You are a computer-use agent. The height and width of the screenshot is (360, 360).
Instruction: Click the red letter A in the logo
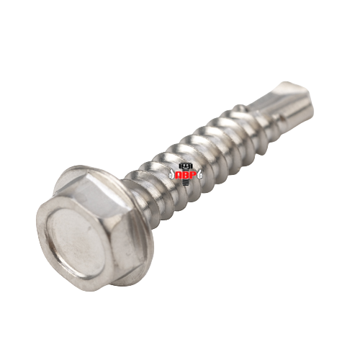click(179, 175)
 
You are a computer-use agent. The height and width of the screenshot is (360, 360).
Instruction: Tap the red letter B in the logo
click(186, 175)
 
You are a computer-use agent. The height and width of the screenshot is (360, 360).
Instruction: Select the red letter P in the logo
click(193, 175)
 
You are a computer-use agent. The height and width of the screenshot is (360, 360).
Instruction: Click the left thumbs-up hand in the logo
click(172, 174)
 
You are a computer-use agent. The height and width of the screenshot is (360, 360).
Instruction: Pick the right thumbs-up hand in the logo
click(199, 174)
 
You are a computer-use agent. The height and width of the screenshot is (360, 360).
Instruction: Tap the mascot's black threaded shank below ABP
click(186, 182)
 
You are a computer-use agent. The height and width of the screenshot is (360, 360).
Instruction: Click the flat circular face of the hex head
click(74, 243)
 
